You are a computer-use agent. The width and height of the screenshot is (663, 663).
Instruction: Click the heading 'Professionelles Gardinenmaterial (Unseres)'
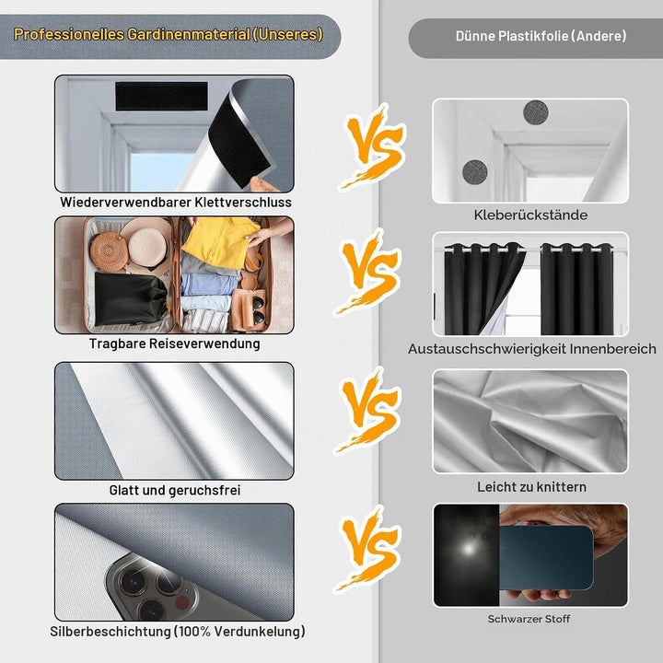coord(169,35)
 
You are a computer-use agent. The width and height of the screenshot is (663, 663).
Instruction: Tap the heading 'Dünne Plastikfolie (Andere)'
coord(541,36)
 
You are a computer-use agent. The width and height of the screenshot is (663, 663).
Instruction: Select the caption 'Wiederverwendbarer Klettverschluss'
coord(176,202)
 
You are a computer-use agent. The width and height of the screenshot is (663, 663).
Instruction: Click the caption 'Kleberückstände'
coord(530,215)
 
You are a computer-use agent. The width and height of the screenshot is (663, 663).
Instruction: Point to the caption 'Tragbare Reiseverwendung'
coord(175,343)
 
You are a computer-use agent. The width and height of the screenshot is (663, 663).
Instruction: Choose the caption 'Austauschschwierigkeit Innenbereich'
coord(532,349)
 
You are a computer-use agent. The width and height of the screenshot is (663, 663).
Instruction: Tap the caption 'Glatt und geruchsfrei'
coord(175,490)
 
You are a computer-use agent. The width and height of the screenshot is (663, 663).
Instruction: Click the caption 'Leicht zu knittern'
coord(531,487)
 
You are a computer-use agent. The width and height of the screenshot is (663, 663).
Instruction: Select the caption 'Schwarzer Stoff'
coord(529,619)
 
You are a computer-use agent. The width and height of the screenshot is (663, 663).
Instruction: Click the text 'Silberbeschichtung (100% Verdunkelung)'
coord(178,632)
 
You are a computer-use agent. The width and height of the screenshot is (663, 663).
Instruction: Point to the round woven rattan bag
coord(109,251)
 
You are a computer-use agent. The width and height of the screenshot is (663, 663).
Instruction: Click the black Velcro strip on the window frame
coord(161,97)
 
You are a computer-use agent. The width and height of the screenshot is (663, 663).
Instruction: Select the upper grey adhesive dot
coord(536,113)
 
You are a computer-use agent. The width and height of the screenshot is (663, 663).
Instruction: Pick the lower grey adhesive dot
coord(475,172)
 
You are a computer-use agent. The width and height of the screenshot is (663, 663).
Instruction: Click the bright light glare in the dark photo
coord(468,549)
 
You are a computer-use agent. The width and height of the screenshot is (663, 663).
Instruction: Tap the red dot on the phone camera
coord(181,602)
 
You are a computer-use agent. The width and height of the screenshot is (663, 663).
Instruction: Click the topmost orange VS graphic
coord(372,145)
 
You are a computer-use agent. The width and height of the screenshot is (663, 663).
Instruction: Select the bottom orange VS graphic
coord(367,549)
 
